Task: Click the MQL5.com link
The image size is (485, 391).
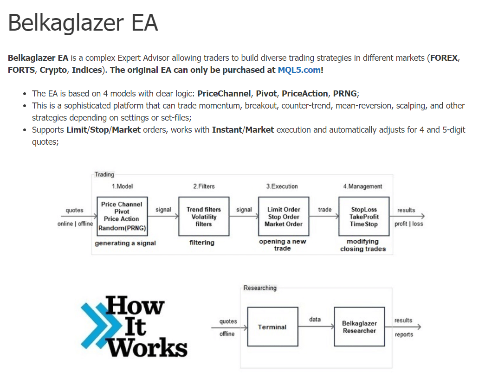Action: (x=299, y=70)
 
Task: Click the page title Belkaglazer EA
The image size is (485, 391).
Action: (x=83, y=23)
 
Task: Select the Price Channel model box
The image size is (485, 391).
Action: (x=122, y=216)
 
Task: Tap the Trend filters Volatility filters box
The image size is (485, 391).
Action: (x=204, y=216)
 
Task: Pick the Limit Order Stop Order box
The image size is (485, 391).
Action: (x=284, y=216)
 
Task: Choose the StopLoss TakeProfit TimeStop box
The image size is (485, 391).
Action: (x=364, y=216)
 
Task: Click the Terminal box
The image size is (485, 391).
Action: (x=272, y=327)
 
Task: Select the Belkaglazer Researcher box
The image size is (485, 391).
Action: (x=359, y=327)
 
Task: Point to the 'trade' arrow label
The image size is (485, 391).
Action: (x=325, y=210)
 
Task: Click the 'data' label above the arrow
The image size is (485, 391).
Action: (x=315, y=319)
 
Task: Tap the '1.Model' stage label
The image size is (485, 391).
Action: (x=122, y=186)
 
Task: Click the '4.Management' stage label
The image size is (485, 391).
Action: (x=362, y=186)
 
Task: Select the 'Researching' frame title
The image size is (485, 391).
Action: (x=260, y=288)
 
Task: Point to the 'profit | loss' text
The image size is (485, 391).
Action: (x=408, y=224)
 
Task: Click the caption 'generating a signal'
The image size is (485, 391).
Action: (x=125, y=243)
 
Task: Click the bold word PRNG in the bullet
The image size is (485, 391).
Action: (x=345, y=93)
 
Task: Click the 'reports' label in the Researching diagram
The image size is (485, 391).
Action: (x=404, y=334)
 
